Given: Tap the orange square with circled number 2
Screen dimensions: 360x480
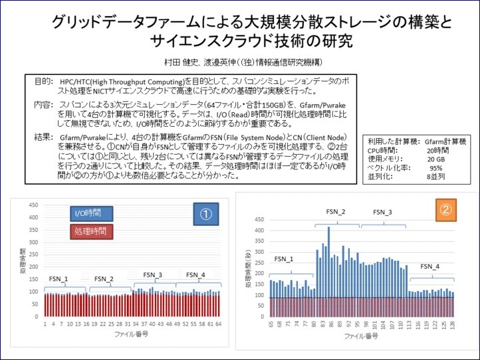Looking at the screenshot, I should [x=445, y=211].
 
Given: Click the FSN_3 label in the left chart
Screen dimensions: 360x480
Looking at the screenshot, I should [x=152, y=275].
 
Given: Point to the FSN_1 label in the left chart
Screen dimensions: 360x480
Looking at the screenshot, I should [x=58, y=278].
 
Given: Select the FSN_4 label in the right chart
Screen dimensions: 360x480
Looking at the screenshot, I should [x=429, y=266].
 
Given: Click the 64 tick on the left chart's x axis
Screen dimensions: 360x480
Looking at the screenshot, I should [x=218, y=324].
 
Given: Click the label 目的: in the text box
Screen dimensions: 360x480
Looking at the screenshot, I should [x=43, y=81].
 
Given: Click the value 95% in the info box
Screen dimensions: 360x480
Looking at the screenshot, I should [x=436, y=168].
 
